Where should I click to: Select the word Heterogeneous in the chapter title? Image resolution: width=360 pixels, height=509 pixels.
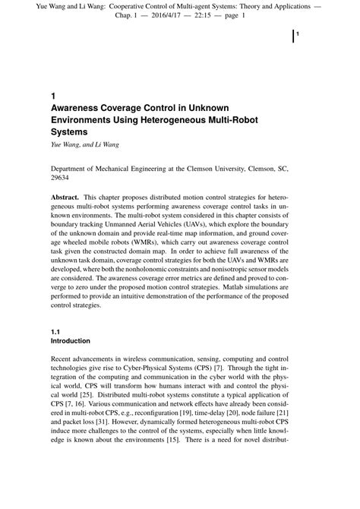point(158,119)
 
